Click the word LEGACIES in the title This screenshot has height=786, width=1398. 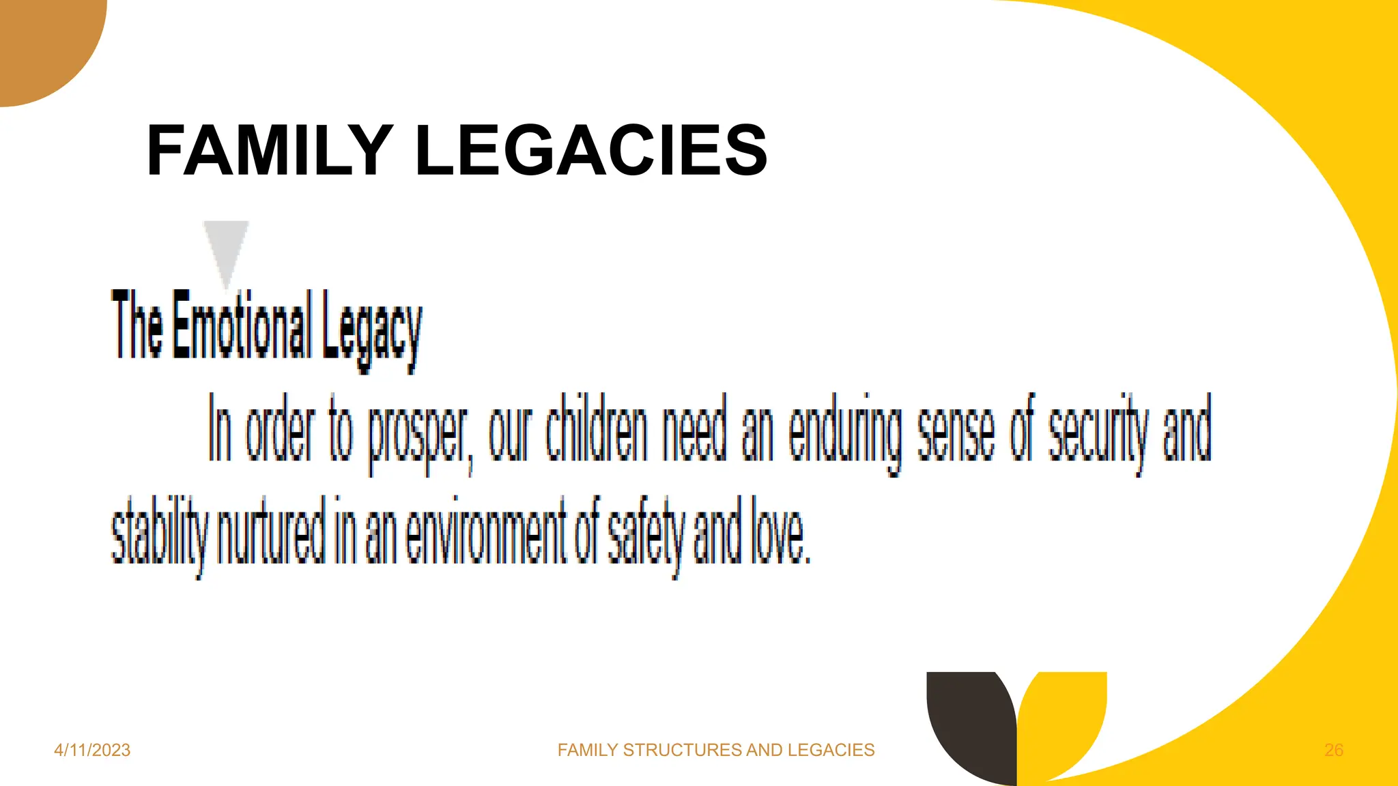click(x=591, y=151)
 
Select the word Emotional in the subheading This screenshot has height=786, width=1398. click(x=242, y=325)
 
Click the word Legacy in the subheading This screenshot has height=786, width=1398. click(x=372, y=329)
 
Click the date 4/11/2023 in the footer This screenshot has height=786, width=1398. click(x=92, y=750)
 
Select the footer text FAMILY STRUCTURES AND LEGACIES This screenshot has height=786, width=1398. click(x=715, y=750)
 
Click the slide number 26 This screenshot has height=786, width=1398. click(x=1333, y=750)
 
